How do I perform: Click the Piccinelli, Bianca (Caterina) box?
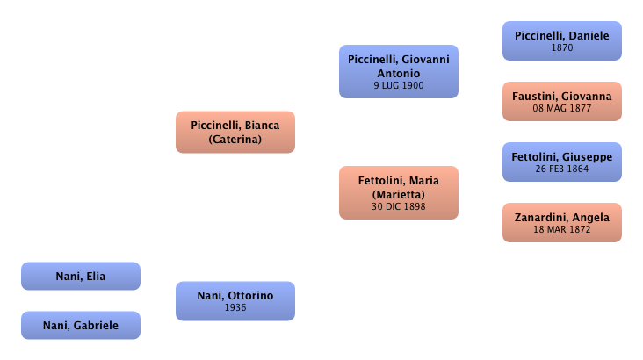pyautogui.click(x=235, y=132)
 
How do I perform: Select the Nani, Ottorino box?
pyautogui.click(x=235, y=300)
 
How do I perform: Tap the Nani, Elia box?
pyautogui.click(x=81, y=277)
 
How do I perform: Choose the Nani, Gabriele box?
pyautogui.click(x=81, y=326)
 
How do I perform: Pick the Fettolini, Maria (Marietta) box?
pyautogui.click(x=399, y=192)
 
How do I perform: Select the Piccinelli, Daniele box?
pyautogui.click(x=561, y=40)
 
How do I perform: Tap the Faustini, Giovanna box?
pyautogui.click(x=561, y=101)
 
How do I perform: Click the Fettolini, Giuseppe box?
pyautogui.click(x=561, y=162)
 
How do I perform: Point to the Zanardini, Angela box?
pyautogui.click(x=561, y=222)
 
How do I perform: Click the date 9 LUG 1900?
pyautogui.click(x=399, y=87)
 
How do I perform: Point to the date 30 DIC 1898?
pyautogui.click(x=399, y=207)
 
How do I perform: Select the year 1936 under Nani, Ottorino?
pyautogui.click(x=235, y=308)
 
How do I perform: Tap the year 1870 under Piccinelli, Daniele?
pyautogui.click(x=561, y=48)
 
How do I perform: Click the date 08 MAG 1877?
pyautogui.click(x=561, y=109)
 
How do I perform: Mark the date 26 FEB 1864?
pyautogui.click(x=561, y=169)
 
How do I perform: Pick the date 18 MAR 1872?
pyautogui.click(x=561, y=230)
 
